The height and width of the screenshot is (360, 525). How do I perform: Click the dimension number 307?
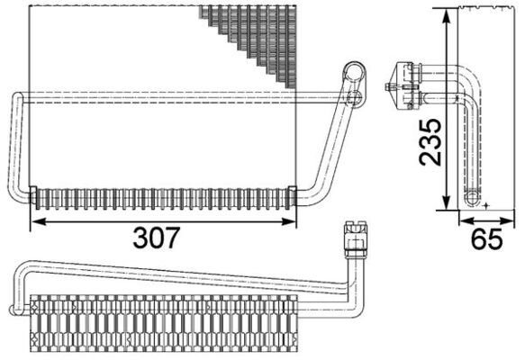pyautogui.click(x=158, y=238)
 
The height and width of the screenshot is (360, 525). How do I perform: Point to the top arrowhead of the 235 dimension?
pyautogui.click(x=446, y=13)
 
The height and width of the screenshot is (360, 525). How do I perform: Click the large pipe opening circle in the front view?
pyautogui.click(x=355, y=70)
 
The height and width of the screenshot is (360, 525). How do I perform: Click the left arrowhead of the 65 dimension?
pyautogui.click(x=461, y=220)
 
